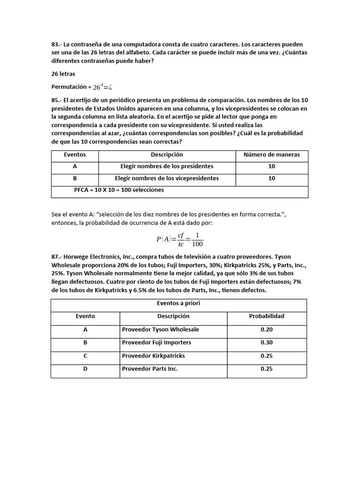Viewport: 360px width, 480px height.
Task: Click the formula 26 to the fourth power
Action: coord(97,87)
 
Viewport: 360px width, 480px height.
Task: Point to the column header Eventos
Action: coord(75,155)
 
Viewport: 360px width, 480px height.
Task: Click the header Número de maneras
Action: coord(272,155)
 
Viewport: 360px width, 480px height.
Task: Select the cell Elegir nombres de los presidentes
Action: coord(167,166)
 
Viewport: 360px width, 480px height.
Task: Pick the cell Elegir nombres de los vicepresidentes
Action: coord(167,179)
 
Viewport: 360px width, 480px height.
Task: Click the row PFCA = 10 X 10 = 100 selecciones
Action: coord(119,190)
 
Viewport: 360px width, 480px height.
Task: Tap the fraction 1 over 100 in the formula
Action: coord(197,239)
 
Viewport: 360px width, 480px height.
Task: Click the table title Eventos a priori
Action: coord(179,304)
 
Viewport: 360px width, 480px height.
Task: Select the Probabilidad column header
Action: coord(266,316)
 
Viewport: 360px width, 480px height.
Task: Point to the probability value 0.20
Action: coord(266,330)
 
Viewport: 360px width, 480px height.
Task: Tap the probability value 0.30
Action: coord(266,343)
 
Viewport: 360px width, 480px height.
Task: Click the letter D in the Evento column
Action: coord(85,369)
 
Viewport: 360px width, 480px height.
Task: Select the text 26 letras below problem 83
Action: coord(63,74)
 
